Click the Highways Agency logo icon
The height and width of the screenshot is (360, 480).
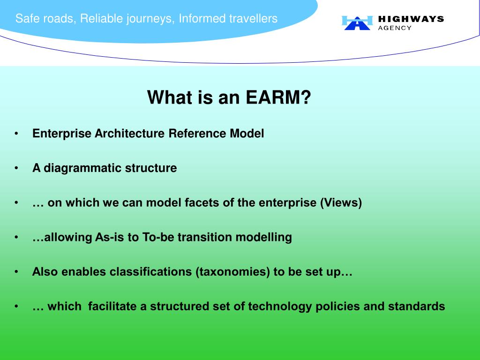[357, 23]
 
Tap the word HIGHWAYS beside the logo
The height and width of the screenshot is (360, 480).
[411, 19]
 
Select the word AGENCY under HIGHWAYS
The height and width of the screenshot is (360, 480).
[395, 28]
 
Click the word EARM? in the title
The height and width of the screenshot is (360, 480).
[278, 97]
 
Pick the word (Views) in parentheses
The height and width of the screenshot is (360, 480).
[341, 202]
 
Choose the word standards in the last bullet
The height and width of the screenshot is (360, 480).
[416, 307]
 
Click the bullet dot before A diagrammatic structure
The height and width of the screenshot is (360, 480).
[16, 168]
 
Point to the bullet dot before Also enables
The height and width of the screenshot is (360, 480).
[16, 272]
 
